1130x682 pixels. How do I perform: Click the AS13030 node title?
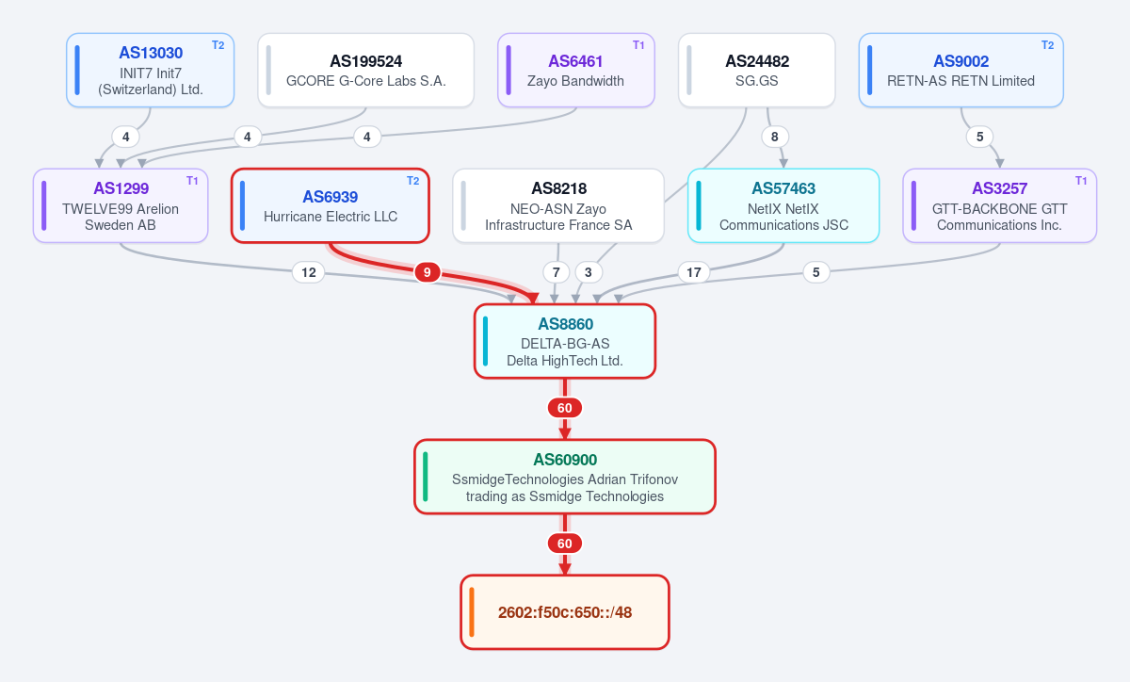point(151,53)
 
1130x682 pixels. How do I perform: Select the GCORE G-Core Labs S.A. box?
point(365,70)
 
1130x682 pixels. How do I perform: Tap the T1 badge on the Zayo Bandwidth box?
point(638,45)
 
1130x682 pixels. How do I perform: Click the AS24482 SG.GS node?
point(757,70)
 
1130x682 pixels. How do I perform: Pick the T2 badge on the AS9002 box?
point(1048,45)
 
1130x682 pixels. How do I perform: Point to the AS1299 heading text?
point(121,188)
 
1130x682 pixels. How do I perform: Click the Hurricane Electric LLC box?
point(331,205)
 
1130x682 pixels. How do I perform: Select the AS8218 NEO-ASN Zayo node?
point(558,205)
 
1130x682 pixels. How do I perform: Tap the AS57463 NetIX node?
point(783,205)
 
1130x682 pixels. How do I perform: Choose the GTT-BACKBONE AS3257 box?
point(1000,205)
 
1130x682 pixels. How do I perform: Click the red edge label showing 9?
point(428,272)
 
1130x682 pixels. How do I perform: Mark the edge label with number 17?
point(694,272)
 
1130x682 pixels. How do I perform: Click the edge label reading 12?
point(309,272)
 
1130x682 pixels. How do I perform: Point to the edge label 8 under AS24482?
point(775,137)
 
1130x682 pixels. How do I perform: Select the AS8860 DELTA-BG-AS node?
point(565,341)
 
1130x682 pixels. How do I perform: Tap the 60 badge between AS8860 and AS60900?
point(565,408)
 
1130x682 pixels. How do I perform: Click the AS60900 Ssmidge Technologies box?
point(565,477)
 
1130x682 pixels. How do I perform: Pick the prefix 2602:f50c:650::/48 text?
point(565,612)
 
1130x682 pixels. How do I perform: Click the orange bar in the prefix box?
point(472,612)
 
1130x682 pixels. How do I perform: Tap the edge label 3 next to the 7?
point(589,272)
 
